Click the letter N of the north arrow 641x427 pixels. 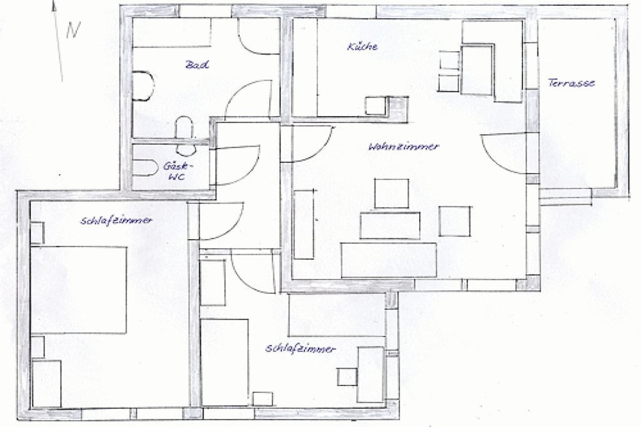73,29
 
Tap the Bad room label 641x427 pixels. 197,64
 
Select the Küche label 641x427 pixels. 362,46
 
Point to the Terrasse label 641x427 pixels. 572,83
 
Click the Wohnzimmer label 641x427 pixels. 404,146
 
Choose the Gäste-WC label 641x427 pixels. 177,171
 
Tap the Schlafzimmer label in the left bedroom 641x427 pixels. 116,221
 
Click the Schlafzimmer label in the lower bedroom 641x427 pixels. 300,349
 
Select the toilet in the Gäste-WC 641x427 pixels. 145,168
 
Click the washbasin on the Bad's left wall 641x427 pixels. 143,86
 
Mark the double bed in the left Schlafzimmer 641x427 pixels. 79,290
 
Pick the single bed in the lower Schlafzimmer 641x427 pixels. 225,363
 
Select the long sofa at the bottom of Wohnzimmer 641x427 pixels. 389,261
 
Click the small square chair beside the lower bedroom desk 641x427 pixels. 347,377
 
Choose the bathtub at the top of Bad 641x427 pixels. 172,33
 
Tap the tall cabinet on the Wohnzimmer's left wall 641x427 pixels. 304,224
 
